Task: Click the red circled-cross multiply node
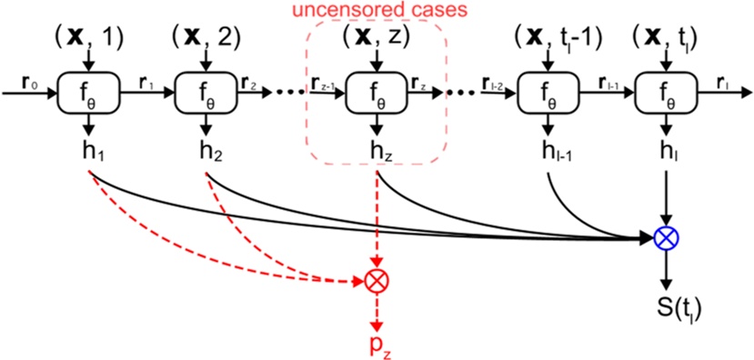[375, 281]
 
